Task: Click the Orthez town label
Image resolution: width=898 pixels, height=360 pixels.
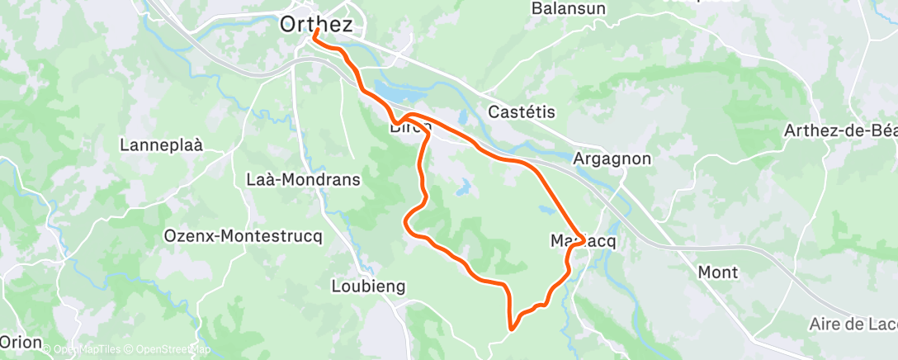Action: (316, 25)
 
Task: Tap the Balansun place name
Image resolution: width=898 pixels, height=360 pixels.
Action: (569, 8)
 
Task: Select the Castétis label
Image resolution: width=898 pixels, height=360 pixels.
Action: (522, 111)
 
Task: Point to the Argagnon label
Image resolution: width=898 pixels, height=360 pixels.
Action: (612, 159)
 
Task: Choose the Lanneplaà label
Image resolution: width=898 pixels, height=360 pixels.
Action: (161, 144)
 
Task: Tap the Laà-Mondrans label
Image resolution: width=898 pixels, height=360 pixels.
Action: (304, 179)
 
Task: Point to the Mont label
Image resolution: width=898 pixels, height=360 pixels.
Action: (717, 272)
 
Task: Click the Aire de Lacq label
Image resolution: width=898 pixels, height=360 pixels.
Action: (853, 323)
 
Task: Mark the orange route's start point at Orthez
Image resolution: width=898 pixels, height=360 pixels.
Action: (316, 31)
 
